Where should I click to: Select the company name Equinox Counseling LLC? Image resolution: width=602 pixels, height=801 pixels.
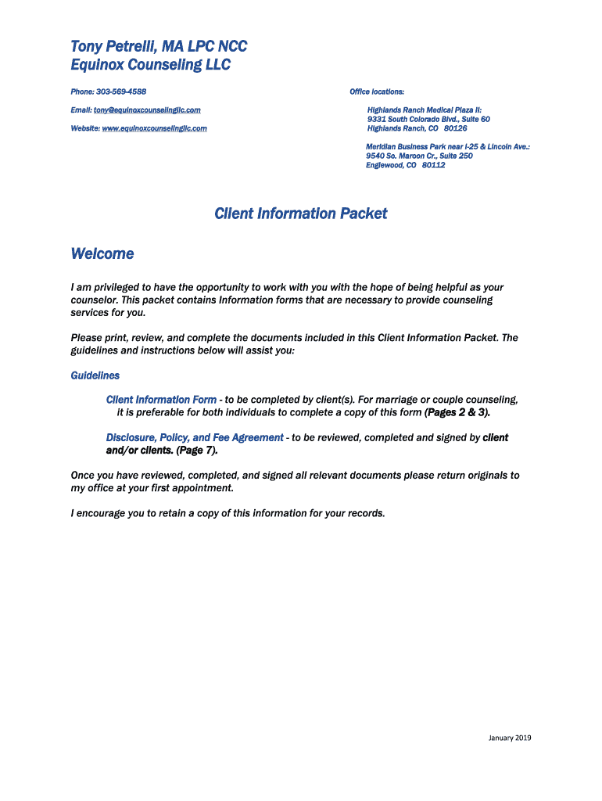point(150,65)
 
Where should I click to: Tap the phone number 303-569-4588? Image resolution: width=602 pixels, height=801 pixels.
point(121,92)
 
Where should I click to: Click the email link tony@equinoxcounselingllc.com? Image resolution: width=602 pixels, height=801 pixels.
point(147,110)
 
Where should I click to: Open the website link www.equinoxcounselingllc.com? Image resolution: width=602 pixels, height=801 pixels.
point(154,128)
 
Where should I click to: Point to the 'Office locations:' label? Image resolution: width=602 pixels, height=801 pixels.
point(377,92)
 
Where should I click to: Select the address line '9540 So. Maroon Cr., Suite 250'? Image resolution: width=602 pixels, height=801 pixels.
point(419,156)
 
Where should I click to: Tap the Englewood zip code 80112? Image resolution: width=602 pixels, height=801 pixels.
point(433,165)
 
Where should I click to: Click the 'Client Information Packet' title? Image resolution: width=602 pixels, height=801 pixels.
point(301,214)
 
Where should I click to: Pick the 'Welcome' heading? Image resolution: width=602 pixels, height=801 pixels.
point(102,253)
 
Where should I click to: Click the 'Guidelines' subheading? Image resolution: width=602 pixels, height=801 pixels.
point(95,375)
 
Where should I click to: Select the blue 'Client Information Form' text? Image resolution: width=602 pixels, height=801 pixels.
point(161,400)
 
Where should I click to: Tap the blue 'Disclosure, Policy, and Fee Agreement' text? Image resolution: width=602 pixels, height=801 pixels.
point(195,438)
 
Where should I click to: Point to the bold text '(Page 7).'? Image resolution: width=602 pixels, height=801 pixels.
point(197,451)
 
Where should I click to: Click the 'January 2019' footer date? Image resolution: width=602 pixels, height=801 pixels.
point(509,738)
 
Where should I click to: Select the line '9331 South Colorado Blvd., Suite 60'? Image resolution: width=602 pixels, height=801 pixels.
point(428,119)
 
